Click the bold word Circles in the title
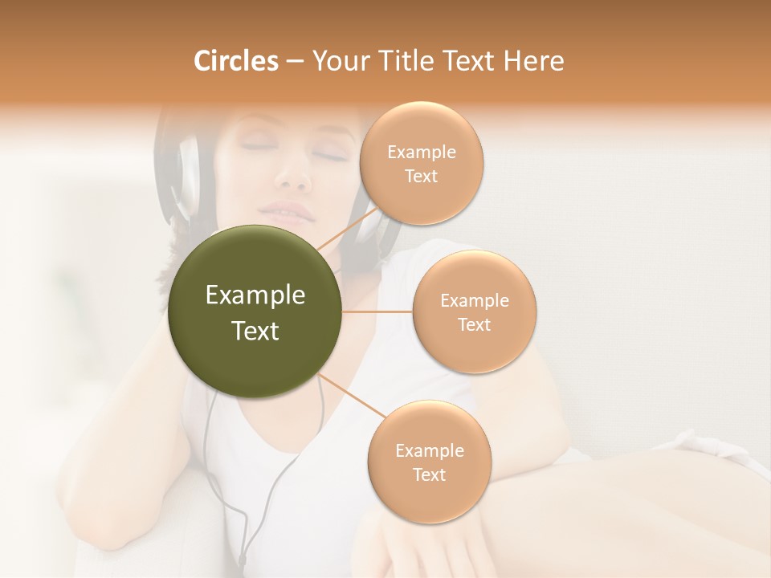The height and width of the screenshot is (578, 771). tap(235, 61)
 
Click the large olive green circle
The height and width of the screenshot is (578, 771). tap(255, 311)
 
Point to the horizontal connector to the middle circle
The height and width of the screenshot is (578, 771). tap(377, 311)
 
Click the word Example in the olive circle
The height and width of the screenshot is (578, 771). tap(255, 295)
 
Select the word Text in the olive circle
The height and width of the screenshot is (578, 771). tap(255, 331)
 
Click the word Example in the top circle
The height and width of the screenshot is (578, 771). tap(422, 153)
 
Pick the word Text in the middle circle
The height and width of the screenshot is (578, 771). tap(474, 325)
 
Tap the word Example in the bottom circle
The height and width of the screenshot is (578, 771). tap(429, 451)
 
